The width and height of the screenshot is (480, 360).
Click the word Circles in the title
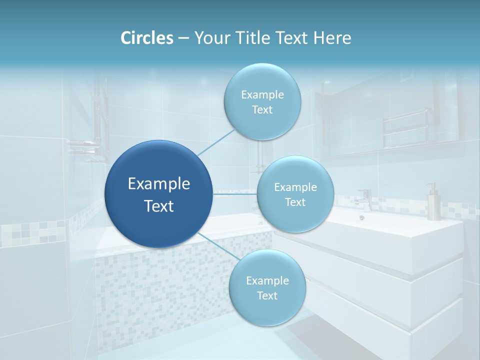(147, 38)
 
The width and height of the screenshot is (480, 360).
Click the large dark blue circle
(158, 193)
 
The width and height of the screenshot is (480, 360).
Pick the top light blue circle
(262, 101)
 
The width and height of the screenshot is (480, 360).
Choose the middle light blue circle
(295, 194)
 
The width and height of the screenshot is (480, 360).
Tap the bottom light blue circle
(267, 287)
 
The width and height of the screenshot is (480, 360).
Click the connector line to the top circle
(216, 142)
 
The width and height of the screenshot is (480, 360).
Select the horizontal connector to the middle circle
(234, 193)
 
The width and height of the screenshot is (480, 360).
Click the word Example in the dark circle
(158, 184)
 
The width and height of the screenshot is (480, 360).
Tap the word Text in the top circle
(262, 110)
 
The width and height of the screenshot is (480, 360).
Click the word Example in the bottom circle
(267, 280)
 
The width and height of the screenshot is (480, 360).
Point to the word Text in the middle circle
(295, 202)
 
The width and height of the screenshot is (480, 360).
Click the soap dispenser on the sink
(432, 202)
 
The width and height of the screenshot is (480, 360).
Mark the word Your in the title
(210, 38)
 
